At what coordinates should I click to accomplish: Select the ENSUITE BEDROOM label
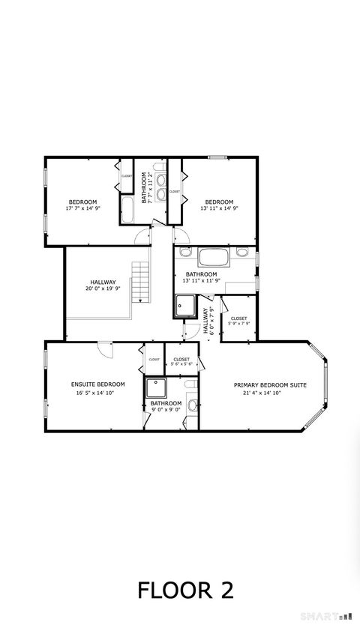pyautogui.click(x=97, y=384)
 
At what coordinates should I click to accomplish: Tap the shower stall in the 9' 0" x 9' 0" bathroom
pyautogui.click(x=157, y=388)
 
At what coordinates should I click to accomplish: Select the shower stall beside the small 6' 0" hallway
pyautogui.click(x=184, y=306)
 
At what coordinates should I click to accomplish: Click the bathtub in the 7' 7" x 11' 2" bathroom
pyautogui.click(x=127, y=210)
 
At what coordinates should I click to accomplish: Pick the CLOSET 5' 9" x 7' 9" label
pyautogui.click(x=238, y=321)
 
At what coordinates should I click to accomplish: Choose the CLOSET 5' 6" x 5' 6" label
pyautogui.click(x=181, y=361)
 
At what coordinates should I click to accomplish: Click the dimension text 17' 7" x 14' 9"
pyautogui.click(x=82, y=208)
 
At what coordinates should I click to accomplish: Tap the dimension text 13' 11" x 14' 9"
pyautogui.click(x=219, y=208)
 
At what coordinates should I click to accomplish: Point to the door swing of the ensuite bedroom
pyautogui.click(x=105, y=349)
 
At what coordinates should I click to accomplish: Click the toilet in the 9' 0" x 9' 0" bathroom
pyautogui.click(x=192, y=405)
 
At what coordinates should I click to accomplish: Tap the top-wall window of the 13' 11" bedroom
pyautogui.click(x=217, y=157)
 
